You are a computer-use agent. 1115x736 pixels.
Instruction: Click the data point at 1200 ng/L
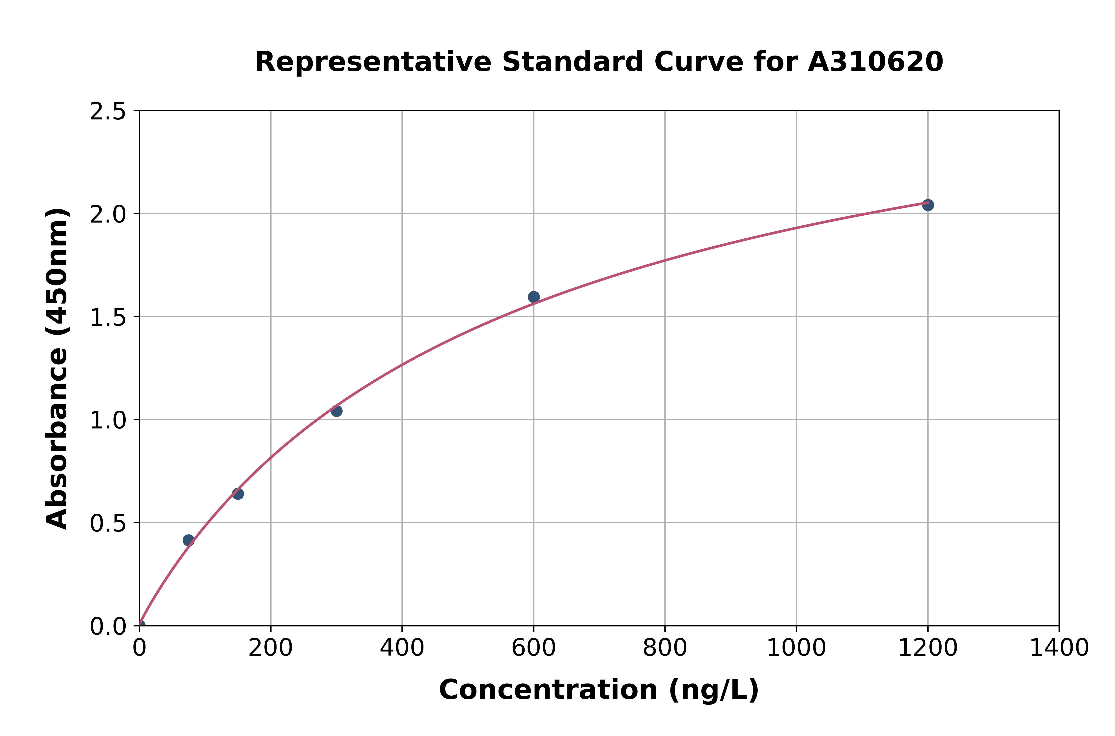(x=927, y=205)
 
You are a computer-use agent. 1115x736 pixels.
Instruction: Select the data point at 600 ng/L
(x=533, y=297)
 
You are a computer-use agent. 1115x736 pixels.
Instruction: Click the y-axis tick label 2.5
(x=108, y=112)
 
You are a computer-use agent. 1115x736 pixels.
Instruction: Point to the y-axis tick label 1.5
(x=108, y=317)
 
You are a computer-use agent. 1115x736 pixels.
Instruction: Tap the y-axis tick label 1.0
(x=108, y=420)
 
